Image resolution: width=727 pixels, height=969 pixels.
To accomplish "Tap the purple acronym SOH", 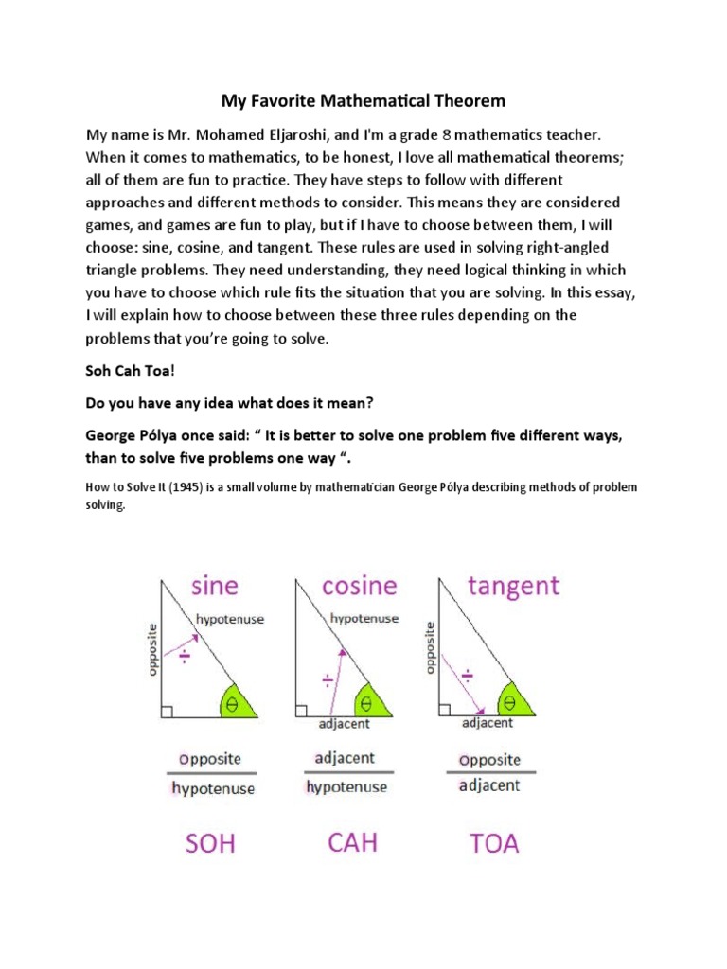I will pos(210,842).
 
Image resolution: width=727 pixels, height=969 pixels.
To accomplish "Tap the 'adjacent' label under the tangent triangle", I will pos(488,723).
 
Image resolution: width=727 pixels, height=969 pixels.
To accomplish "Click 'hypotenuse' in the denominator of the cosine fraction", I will pos(346,786).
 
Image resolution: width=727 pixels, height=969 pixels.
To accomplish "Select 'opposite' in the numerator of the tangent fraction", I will pos(489,760).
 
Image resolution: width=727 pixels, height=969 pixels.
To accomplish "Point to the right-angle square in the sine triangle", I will pos(168,711).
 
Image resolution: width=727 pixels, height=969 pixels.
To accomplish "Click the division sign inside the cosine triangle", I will pos(328,679).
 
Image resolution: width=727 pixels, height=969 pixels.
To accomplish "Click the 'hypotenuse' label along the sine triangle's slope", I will pos(230,619).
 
